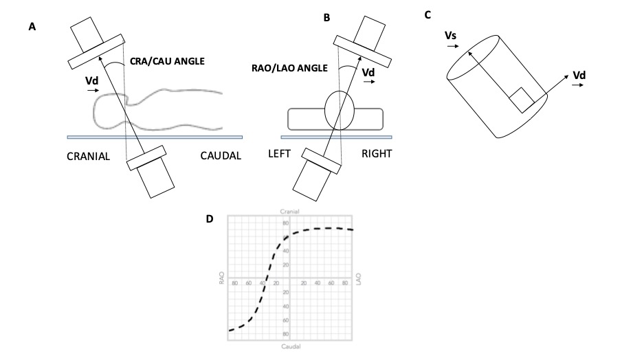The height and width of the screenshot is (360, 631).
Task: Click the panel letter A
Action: tap(32, 27)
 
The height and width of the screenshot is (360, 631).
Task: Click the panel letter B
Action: tap(326, 19)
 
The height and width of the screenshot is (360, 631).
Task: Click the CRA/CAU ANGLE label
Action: tap(167, 61)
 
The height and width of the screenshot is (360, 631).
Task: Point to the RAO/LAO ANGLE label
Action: tap(288, 68)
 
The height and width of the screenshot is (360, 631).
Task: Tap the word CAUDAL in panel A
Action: tap(221, 156)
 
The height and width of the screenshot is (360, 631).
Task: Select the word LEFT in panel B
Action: tap(280, 154)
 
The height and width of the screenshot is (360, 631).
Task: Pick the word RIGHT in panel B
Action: tap(377, 154)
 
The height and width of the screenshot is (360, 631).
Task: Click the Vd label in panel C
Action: tap(579, 75)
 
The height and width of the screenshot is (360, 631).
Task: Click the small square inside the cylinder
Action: tap(519, 99)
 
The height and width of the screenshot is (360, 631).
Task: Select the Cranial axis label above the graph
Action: tap(289, 211)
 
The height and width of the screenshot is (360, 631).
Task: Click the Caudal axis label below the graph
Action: tap(289, 346)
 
